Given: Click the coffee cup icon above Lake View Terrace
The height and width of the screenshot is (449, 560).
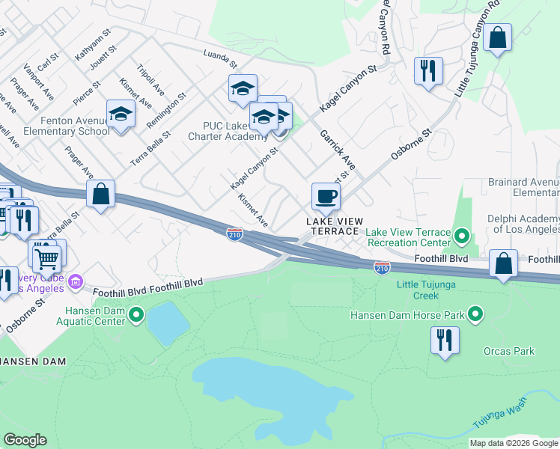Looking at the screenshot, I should pyautogui.click(x=326, y=197).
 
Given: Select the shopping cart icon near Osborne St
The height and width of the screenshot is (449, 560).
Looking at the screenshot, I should pyautogui.click(x=46, y=258).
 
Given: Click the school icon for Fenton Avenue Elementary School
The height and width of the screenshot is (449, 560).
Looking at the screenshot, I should pyautogui.click(x=120, y=115).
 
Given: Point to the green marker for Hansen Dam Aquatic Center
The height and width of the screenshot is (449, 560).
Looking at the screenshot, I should pyautogui.click(x=136, y=315).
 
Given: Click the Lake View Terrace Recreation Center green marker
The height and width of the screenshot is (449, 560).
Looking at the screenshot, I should pyautogui.click(x=462, y=238).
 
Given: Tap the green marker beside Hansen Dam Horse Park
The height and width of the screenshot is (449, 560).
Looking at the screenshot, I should pyautogui.click(x=475, y=314).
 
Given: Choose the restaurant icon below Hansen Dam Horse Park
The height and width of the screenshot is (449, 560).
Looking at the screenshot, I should pyautogui.click(x=445, y=340).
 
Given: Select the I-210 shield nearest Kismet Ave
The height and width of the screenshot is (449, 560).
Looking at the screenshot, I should pyautogui.click(x=234, y=235).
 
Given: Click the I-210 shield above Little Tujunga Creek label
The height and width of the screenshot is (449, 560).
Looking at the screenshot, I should pyautogui.click(x=382, y=267).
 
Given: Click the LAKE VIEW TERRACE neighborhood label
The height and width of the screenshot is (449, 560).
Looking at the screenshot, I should pyautogui.click(x=335, y=226).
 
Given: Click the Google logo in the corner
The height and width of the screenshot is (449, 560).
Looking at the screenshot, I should pyautogui.click(x=25, y=440).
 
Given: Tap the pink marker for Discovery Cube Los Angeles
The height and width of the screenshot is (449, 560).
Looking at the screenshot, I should pyautogui.click(x=75, y=282).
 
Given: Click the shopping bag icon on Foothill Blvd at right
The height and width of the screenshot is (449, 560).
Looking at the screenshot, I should pyautogui.click(x=504, y=263).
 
